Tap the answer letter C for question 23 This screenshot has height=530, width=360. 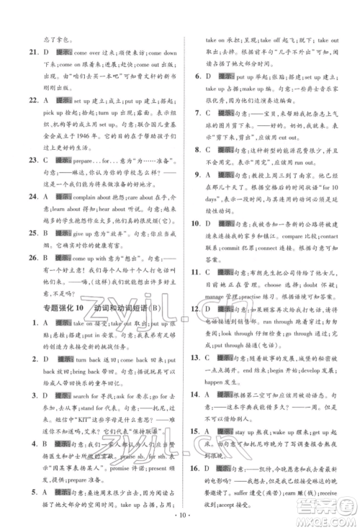click(x=46, y=141)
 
